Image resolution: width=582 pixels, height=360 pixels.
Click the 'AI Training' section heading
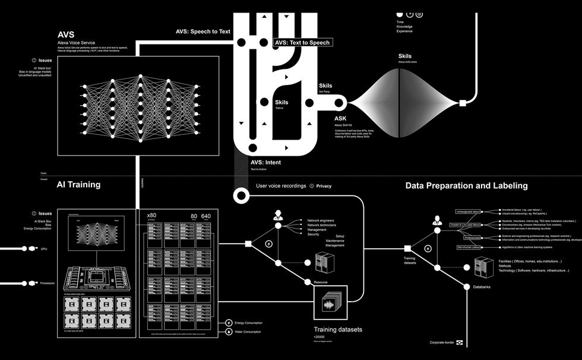pyautogui.click(x=78, y=185)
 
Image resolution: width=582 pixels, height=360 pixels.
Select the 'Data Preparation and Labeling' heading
pyautogui.click(x=466, y=185)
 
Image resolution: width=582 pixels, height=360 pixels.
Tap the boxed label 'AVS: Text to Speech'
pyautogui.click(x=302, y=43)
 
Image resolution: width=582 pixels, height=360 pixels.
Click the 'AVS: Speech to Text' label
pyautogui.click(x=203, y=31)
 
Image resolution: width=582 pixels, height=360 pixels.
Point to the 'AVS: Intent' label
pyautogui.click(x=265, y=162)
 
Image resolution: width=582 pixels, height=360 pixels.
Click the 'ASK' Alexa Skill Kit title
pyautogui.click(x=340, y=118)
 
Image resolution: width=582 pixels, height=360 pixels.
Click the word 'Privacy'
pyautogui.click(x=324, y=186)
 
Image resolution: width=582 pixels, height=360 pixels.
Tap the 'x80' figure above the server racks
pyautogui.click(x=151, y=215)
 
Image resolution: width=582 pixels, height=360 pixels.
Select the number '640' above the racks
pyautogui.click(x=205, y=216)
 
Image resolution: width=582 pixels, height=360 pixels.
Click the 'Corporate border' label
pyautogui.click(x=442, y=343)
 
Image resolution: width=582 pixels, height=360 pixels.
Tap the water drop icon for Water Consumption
pyautogui.click(x=229, y=331)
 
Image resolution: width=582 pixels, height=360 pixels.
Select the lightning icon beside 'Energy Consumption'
pyautogui.click(x=229, y=323)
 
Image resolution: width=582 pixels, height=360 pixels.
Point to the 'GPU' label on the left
pyautogui.click(x=44, y=248)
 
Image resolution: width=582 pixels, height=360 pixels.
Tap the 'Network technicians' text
pyautogui.click(x=321, y=225)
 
